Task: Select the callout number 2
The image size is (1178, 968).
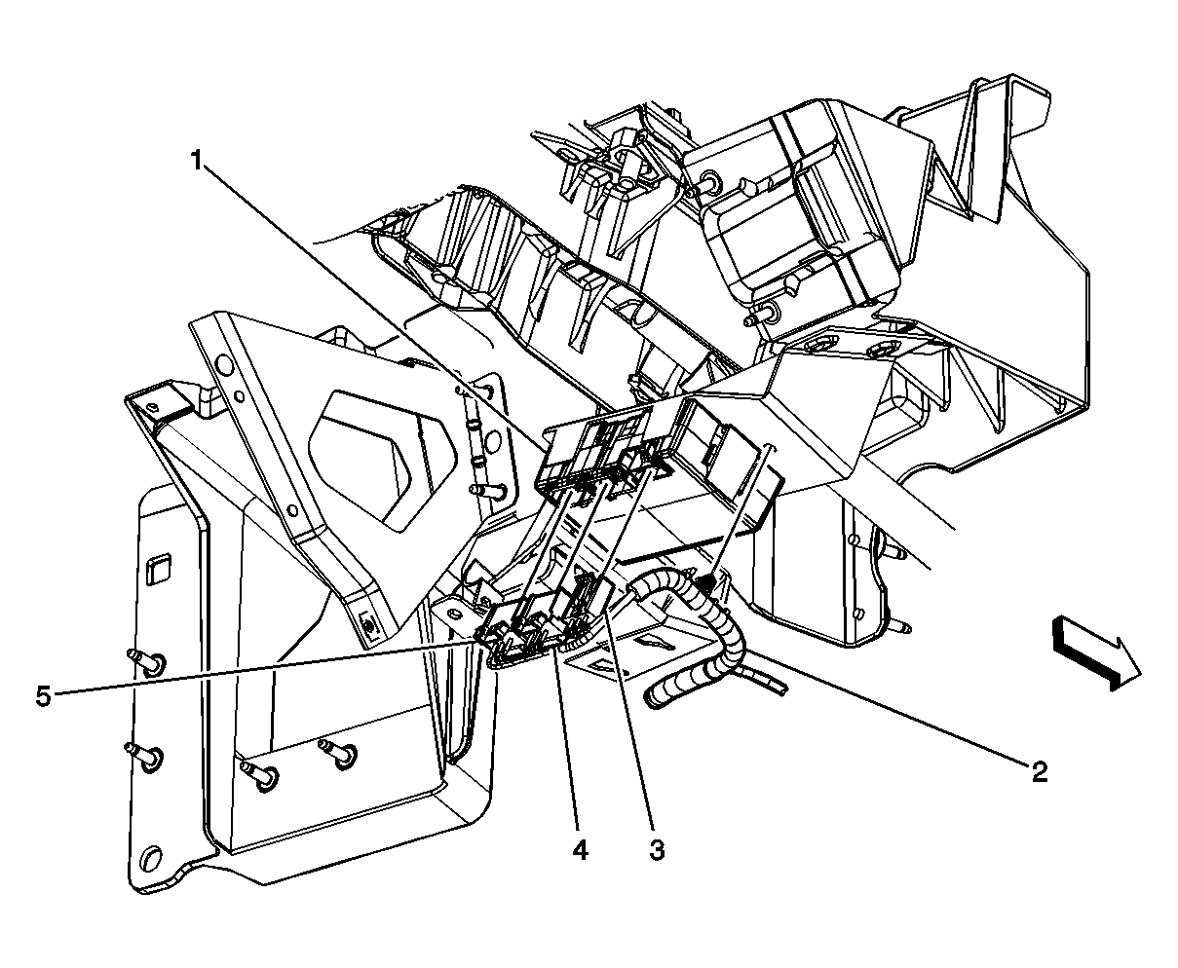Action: [1040, 772]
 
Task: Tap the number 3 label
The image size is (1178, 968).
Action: [657, 850]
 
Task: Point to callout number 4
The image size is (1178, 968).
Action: [580, 850]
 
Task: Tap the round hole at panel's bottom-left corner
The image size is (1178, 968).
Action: [150, 859]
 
